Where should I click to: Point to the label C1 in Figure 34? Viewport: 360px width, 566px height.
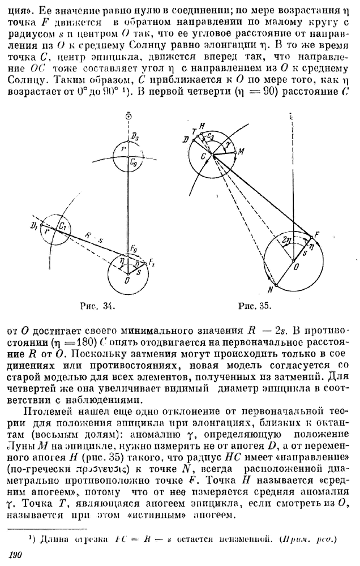tap(65, 227)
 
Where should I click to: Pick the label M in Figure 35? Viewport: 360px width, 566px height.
tap(241, 152)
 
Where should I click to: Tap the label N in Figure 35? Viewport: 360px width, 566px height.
tap(271, 290)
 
